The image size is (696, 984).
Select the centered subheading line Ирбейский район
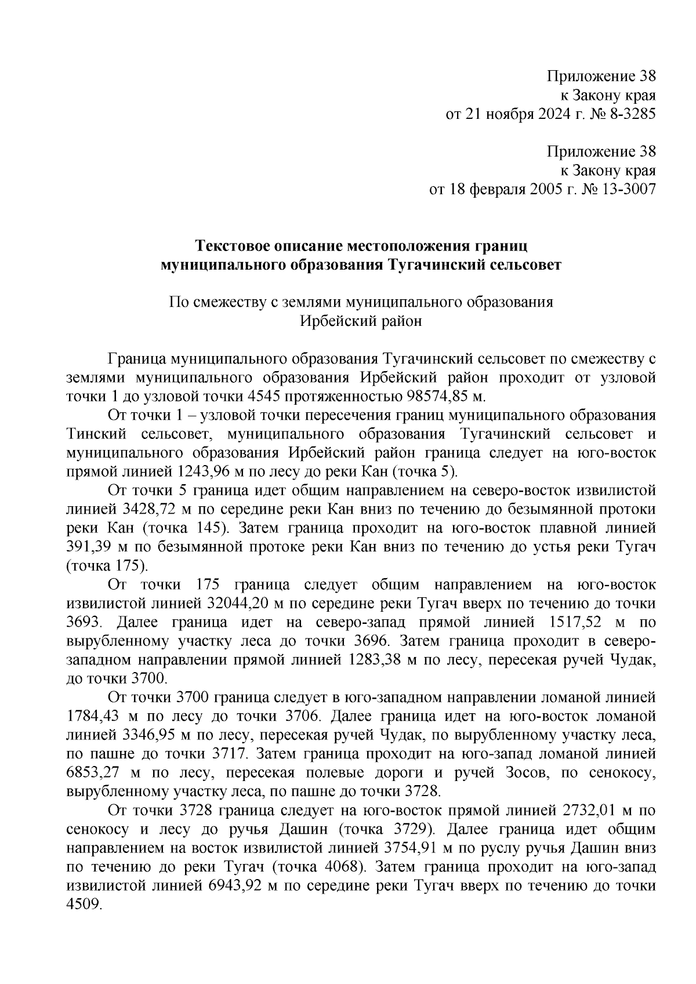point(360,321)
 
